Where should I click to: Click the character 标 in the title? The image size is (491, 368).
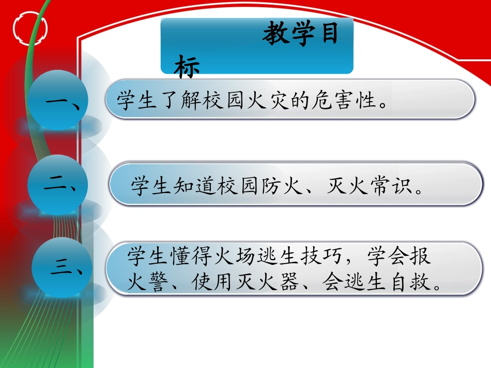pos(187,67)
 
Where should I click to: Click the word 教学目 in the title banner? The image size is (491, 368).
pos(300,36)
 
